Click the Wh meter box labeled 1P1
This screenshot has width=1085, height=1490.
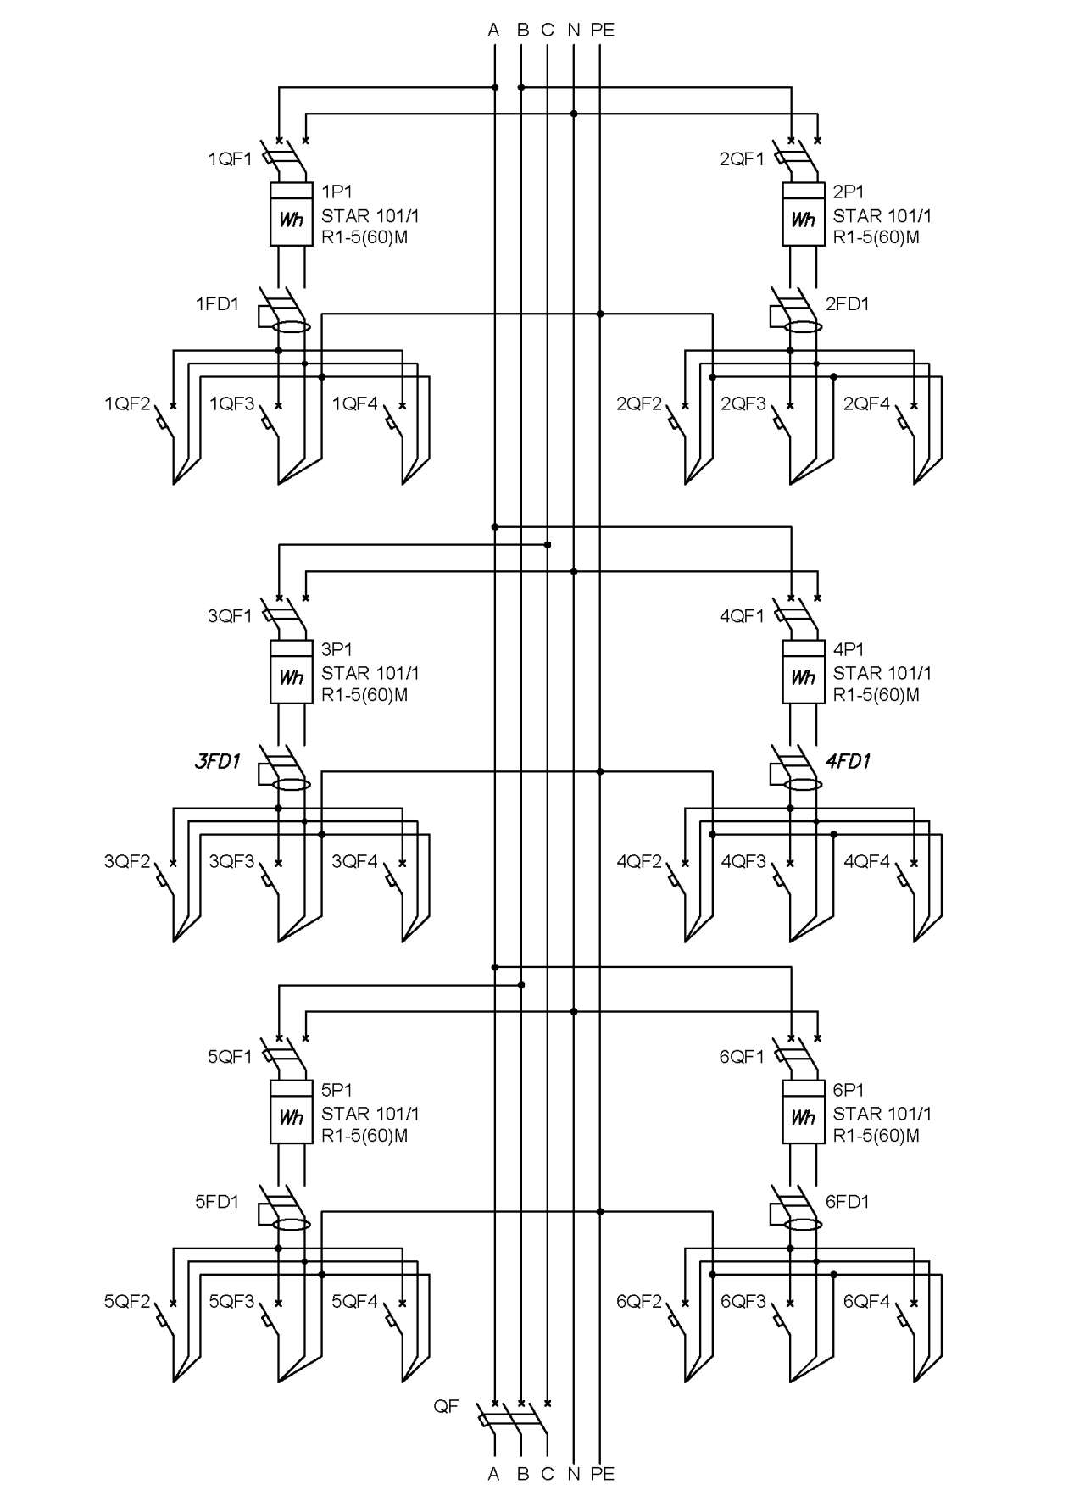291,214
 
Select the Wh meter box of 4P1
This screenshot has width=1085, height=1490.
803,671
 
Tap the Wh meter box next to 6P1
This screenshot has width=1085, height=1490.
803,1112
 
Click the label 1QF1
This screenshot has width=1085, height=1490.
230,158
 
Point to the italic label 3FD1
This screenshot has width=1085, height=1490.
218,761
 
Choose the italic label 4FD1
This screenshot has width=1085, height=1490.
848,761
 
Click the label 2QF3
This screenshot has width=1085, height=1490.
743,403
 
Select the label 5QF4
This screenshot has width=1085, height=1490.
354,1301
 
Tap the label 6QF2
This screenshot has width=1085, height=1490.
639,1301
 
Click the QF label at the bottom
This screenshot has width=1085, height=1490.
446,1406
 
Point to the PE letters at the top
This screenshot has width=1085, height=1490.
602,30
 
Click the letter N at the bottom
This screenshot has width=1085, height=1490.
574,1474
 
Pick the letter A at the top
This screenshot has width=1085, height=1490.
494,30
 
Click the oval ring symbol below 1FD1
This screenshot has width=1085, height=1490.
292,327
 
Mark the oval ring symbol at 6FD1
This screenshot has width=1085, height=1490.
803,1225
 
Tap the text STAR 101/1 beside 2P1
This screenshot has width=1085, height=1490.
882,216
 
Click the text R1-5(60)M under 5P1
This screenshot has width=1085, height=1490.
364,1136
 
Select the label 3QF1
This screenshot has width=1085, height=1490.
230,616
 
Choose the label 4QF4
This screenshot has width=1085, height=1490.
866,861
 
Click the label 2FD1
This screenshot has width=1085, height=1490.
848,303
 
